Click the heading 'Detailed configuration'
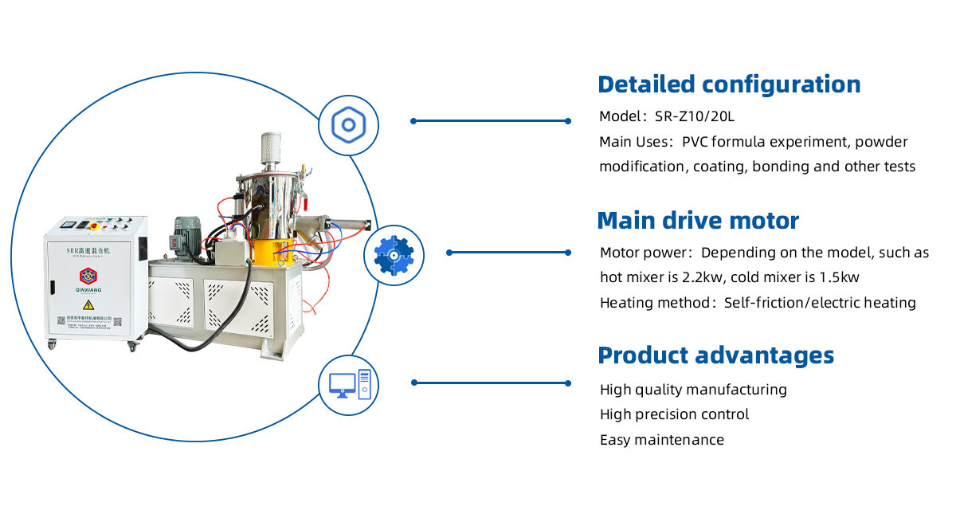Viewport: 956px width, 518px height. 729,84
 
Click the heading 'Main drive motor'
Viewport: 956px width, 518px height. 698,221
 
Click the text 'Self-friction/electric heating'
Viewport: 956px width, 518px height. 820,303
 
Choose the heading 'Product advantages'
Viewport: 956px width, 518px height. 715,355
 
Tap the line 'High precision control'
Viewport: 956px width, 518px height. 674,414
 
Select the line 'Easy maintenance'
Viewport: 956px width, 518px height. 662,440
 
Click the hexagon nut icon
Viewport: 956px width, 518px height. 348,125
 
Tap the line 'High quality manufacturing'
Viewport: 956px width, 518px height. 693,390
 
